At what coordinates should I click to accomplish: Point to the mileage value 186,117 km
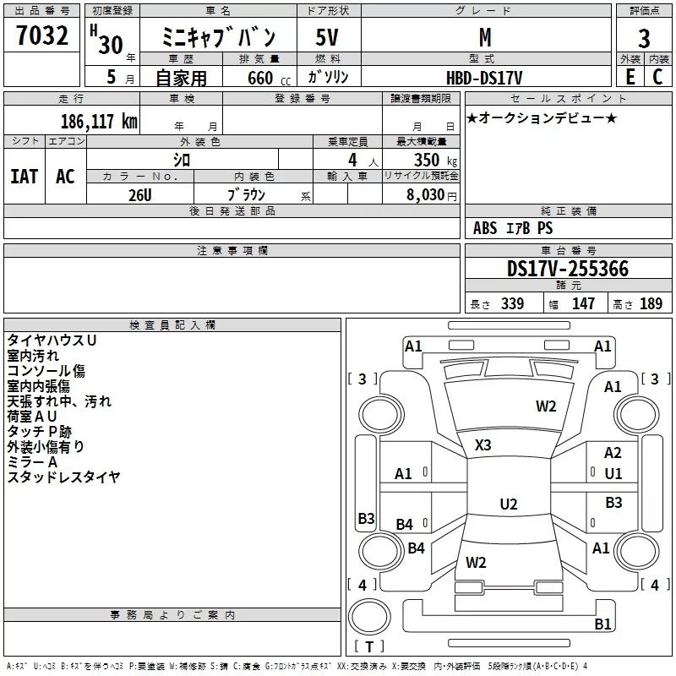pos(99,121)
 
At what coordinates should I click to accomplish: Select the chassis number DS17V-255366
pos(567,269)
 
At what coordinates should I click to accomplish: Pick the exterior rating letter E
pos(630,77)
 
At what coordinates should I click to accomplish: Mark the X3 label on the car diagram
pos(483,444)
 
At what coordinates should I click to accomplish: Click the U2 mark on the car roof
pos(509,504)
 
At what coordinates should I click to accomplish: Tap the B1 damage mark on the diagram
pos(602,624)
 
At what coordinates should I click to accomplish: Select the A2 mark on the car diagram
pos(613,454)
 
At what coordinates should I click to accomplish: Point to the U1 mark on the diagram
pos(613,474)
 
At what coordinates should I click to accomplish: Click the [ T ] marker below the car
pos(369,647)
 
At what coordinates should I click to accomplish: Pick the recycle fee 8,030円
pos(432,195)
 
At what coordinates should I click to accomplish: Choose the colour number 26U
pos(139,195)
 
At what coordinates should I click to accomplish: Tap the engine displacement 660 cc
pos(259,78)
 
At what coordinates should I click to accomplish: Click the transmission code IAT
pos(24,176)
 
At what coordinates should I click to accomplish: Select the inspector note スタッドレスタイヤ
pos(63,477)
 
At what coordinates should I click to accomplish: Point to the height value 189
pos(651,304)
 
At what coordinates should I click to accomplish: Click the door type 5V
pos(329,38)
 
